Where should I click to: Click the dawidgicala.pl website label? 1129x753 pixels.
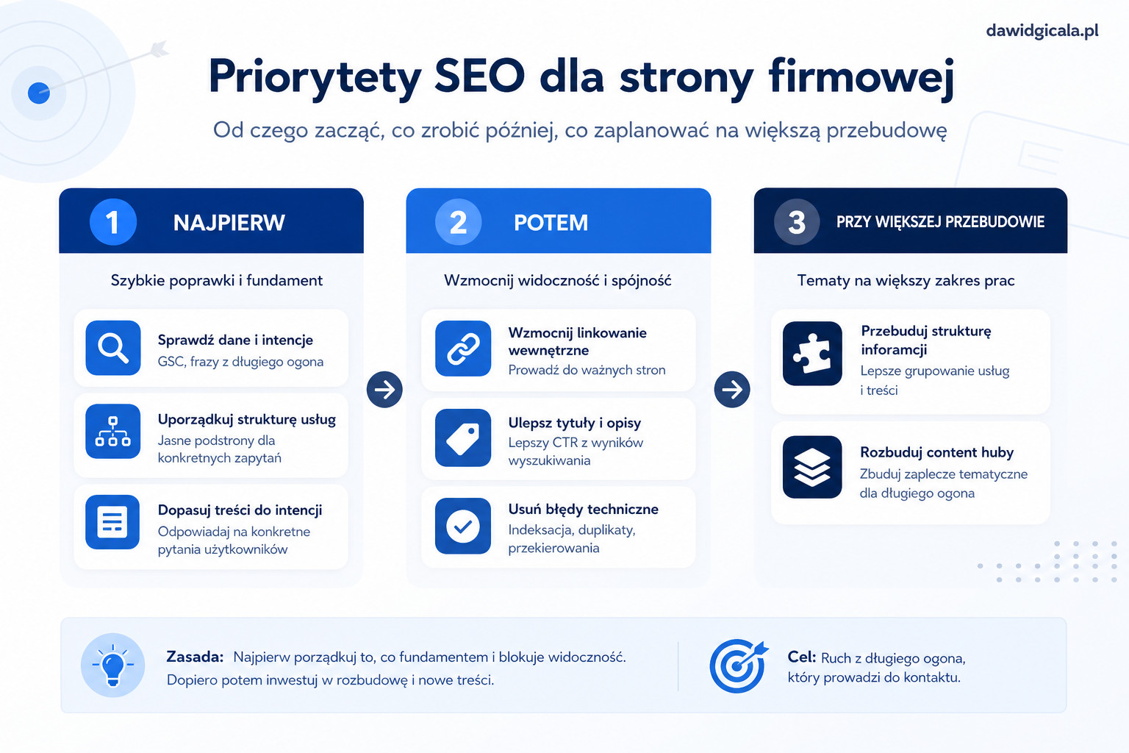tap(1042, 32)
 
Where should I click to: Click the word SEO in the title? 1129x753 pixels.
tap(480, 76)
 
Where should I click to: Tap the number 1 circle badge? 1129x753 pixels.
tap(113, 222)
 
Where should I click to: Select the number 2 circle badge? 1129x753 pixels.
tap(458, 222)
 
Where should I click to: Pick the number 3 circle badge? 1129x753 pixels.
tap(796, 222)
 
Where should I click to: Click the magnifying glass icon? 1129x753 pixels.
tap(113, 348)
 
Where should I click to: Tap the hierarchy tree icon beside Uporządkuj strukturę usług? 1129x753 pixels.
tap(113, 432)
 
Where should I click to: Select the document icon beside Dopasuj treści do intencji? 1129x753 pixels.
tap(112, 522)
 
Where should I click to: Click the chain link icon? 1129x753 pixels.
tap(462, 349)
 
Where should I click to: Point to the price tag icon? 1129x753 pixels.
tap(462, 438)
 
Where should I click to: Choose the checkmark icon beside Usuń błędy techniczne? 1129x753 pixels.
tap(462, 526)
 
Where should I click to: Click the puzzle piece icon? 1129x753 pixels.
tap(812, 354)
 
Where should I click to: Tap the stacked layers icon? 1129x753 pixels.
tap(812, 467)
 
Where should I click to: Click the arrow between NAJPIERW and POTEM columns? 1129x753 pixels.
tap(384, 389)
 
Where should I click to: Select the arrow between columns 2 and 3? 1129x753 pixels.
tap(732, 389)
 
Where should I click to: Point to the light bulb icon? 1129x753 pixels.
tap(113, 665)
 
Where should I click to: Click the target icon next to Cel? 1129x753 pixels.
tap(739, 665)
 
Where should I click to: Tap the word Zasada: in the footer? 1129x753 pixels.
tap(195, 657)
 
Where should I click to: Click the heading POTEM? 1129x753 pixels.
tap(551, 222)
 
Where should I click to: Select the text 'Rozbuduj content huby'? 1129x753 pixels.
tap(936, 452)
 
